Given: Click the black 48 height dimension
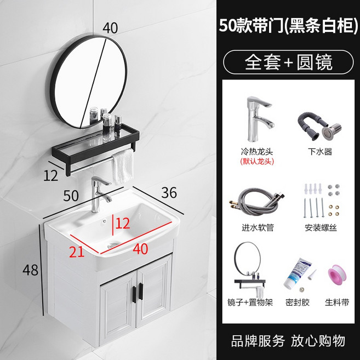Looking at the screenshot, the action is tap(30, 270).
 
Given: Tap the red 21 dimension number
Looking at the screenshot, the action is tap(77, 252).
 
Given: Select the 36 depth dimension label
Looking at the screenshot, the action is tap(169, 192).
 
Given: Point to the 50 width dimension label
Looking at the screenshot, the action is tap(71, 196).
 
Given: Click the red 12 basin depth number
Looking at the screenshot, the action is tap(123, 224).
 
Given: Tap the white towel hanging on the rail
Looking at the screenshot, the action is tap(123, 166).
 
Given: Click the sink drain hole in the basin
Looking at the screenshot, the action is tap(113, 245).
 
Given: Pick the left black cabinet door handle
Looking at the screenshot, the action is tap(134, 295).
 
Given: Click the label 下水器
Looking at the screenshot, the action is tap(320, 152).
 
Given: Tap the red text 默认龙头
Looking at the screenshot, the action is tap(257, 162).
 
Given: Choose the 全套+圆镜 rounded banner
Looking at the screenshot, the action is tap(288, 62).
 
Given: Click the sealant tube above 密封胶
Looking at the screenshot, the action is tap(298, 273).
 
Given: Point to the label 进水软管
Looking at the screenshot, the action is tap(258, 227).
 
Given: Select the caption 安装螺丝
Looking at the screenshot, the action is tap(321, 227).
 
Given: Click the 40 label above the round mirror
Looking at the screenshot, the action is tap(110, 28).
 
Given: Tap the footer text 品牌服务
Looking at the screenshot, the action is tap(258, 341).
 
